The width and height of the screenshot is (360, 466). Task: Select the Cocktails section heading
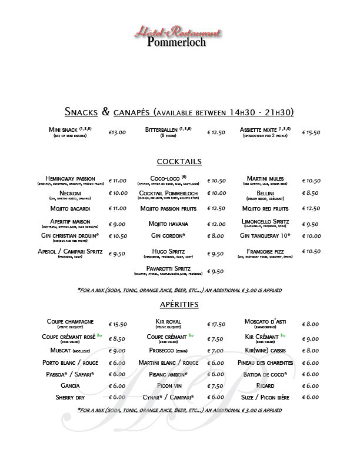pos(179,161)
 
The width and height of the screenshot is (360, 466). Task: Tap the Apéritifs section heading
pos(179,304)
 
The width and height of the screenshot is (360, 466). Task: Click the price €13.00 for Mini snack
pos(118,132)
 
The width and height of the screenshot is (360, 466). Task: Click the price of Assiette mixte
pos(311,132)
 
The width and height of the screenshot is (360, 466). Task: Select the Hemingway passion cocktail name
pos(70,178)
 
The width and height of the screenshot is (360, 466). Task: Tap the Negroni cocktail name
pos(70,192)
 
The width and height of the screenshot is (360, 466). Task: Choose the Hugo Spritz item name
pos(168,251)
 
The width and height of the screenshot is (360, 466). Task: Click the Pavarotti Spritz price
pos(216,271)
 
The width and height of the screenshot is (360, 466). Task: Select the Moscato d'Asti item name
pos(265,321)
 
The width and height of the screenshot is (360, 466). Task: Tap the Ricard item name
pos(265,385)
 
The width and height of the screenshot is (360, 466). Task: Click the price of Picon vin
pos(216,386)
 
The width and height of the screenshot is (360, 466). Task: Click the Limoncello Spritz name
pos(265,221)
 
